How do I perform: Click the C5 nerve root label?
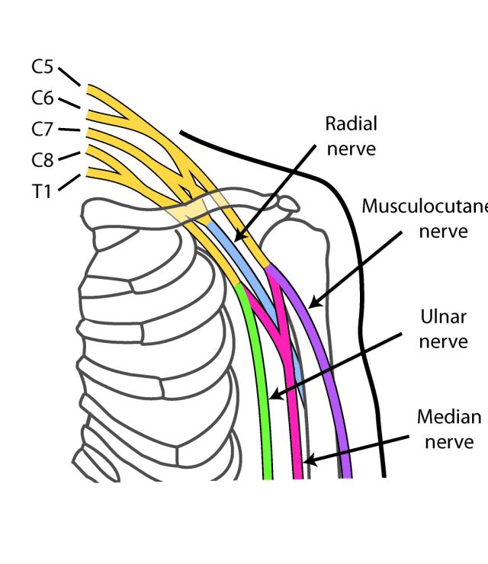pyautogui.click(x=43, y=67)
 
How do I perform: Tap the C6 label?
pyautogui.click(x=43, y=98)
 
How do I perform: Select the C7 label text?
pyautogui.click(x=43, y=129)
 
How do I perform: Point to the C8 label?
pyautogui.click(x=43, y=160)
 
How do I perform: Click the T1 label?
pyautogui.click(x=42, y=191)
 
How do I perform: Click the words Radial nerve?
pyautogui.click(x=351, y=135)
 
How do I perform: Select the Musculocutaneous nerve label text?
pyautogui.click(x=427, y=218)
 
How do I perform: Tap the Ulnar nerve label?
pyautogui.click(x=443, y=328)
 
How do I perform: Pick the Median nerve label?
pyautogui.click(x=449, y=429)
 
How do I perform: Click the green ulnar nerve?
pyautogui.click(x=264, y=381)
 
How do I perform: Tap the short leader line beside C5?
pyautogui.click(x=69, y=76)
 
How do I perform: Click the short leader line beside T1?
pyautogui.click(x=69, y=183)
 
